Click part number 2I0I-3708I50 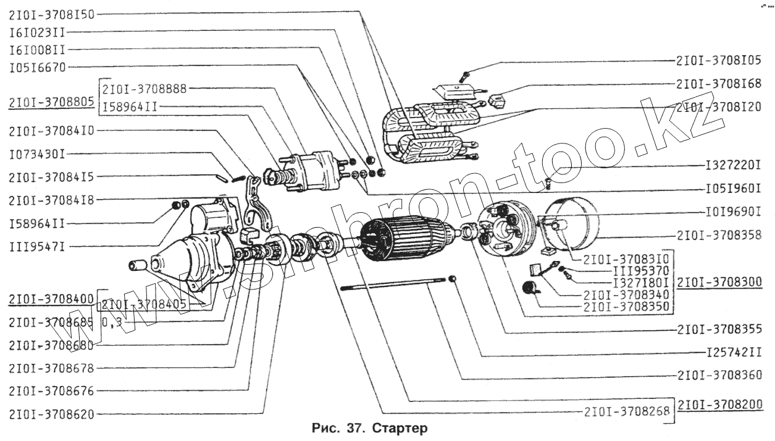[51, 14]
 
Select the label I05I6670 [38, 66]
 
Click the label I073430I [38, 152]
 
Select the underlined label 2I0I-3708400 [51, 299]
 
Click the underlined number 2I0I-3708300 [720, 282]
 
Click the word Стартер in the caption [400, 427]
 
